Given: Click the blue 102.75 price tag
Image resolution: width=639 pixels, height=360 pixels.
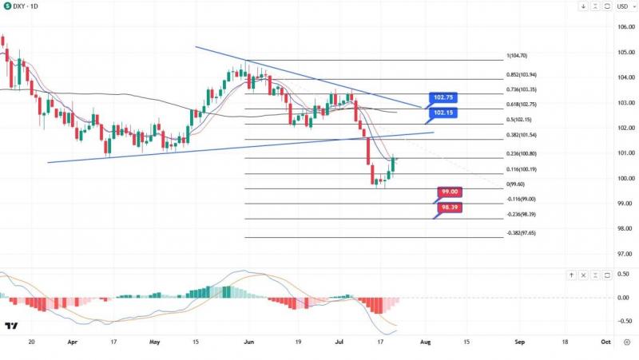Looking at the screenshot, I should tap(443, 97).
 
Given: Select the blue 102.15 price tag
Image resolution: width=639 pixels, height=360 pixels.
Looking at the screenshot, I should tap(443, 113).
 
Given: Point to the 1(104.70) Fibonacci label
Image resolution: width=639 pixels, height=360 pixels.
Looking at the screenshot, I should tap(517, 56).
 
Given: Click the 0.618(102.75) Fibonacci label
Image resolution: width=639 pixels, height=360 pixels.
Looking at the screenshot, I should tap(522, 105).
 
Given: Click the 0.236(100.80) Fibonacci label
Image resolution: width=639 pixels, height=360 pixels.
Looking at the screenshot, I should tap(522, 153).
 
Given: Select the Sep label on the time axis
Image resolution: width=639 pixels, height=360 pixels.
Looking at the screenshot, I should tap(520, 341).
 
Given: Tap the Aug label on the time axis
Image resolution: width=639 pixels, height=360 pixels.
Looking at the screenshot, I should tap(424, 341).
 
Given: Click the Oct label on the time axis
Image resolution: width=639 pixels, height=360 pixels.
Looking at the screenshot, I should tap(605, 341).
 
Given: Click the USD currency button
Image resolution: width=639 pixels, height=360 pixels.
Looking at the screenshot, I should tap(622, 6).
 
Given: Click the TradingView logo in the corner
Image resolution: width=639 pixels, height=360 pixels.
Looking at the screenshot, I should tap(11, 326).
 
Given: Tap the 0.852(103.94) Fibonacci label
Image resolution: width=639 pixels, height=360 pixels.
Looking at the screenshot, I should tap(522, 75).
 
